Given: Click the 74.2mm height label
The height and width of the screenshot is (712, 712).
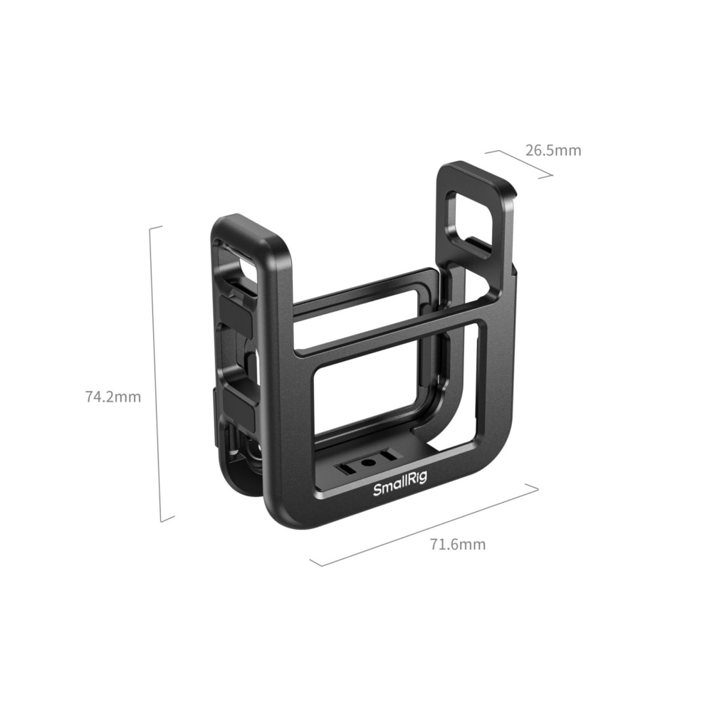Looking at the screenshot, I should [x=113, y=397].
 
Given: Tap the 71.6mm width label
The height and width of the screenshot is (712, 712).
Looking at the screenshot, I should [x=458, y=545].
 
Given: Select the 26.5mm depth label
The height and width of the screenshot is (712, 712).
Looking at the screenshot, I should [x=553, y=150].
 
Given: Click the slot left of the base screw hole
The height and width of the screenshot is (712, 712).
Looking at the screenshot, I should [x=349, y=468].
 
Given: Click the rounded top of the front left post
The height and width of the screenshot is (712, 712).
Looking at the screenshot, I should [x=256, y=226].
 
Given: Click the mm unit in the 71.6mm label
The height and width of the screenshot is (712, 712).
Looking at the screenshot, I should [x=472, y=545].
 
